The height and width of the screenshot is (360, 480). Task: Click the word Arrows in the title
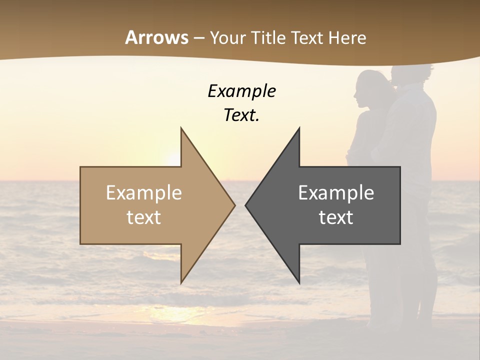156,37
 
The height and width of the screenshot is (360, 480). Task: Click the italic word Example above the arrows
241,91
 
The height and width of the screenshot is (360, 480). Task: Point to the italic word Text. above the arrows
241,115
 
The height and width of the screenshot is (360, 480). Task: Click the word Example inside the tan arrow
144,192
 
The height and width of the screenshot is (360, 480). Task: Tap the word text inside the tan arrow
144,217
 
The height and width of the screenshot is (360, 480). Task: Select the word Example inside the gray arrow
336,192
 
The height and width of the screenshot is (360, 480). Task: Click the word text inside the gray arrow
336,217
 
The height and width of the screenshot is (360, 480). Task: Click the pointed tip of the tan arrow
234,205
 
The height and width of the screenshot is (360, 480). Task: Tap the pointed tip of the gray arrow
246,205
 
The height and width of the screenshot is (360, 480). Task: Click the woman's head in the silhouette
370,87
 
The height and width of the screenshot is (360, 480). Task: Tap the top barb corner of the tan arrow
181,128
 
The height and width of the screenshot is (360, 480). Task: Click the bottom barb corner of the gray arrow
299,283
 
